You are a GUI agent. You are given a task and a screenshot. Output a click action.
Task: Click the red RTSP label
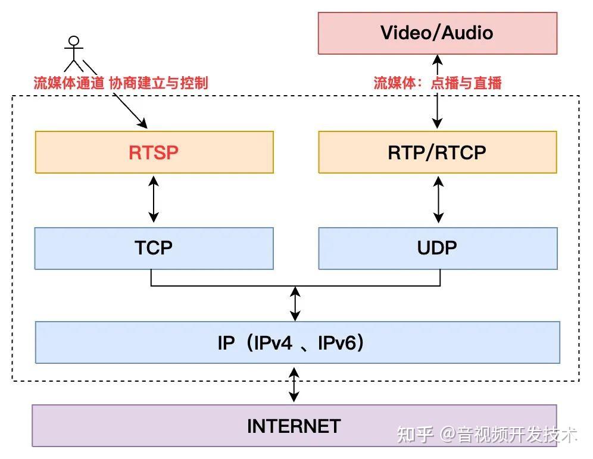[x=154, y=152]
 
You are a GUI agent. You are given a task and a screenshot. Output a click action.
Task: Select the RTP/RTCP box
[x=437, y=152]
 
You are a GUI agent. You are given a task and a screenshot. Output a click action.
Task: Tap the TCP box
[x=154, y=247]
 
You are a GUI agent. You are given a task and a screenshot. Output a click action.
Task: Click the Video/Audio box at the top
[x=437, y=32]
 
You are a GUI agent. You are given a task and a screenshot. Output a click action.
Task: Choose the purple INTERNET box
[x=294, y=426]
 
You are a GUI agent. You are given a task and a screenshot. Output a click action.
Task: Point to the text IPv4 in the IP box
[x=273, y=342]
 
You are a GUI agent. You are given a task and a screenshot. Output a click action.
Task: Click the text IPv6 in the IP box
[x=338, y=342]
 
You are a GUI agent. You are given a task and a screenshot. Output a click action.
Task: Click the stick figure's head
[x=74, y=42]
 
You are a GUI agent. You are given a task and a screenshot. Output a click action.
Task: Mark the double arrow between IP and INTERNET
[x=294, y=384]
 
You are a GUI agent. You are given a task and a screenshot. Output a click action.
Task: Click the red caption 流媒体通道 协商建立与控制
[x=121, y=83]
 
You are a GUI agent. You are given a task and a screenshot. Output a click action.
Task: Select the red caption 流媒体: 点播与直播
[x=438, y=83]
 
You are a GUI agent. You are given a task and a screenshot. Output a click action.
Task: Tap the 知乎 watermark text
[x=415, y=435]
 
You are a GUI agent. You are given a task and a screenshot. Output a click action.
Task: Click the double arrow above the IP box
[x=295, y=303]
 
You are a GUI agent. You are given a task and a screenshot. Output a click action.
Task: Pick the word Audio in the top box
[x=467, y=32]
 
